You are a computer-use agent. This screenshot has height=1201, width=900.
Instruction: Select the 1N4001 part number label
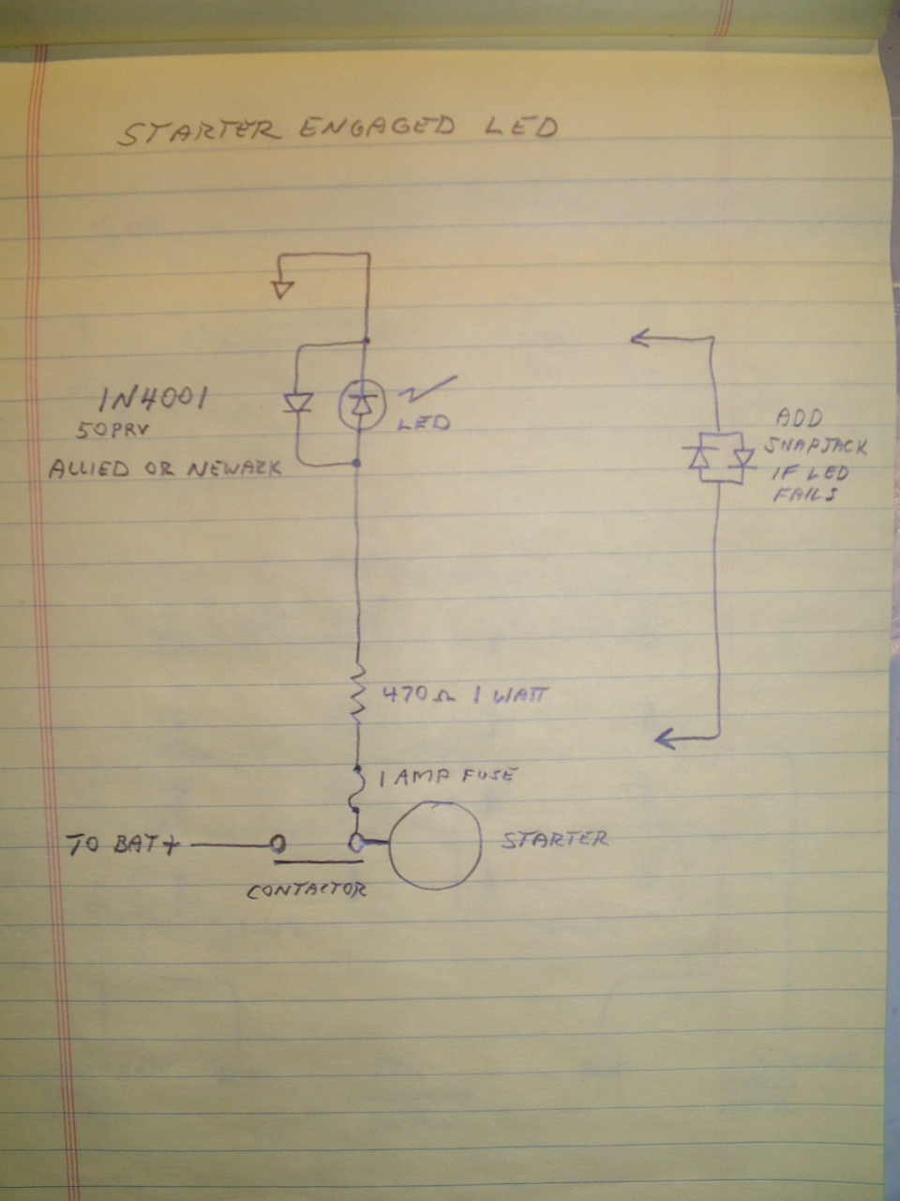click(153, 400)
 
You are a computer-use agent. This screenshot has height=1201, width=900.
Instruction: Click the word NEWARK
click(234, 467)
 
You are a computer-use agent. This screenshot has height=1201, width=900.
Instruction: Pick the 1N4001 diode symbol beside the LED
click(297, 403)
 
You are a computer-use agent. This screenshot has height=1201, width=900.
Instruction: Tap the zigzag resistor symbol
click(357, 695)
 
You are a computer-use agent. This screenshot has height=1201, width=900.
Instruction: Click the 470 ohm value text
click(418, 696)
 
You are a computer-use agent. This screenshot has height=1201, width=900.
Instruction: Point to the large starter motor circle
click(434, 844)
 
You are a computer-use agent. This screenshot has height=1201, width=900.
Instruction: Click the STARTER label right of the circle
click(554, 839)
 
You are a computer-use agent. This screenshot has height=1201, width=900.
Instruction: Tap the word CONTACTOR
click(306, 890)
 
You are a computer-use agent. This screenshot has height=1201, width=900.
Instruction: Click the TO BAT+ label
click(124, 844)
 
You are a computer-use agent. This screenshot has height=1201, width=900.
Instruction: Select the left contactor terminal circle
click(278, 844)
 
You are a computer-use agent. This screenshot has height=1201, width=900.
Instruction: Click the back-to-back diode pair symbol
click(717, 458)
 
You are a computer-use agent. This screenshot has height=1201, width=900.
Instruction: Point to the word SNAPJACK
click(815, 447)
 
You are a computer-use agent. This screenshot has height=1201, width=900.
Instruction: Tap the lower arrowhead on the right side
click(665, 738)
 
